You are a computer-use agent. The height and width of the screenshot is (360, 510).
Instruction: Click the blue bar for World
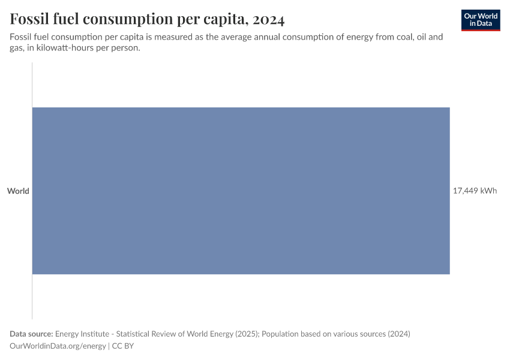241,191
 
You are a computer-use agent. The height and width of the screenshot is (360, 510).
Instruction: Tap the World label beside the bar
18,191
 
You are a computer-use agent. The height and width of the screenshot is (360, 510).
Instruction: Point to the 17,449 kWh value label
475,191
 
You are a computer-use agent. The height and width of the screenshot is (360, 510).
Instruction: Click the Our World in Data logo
481,20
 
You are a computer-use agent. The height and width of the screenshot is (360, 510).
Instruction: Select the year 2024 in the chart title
268,19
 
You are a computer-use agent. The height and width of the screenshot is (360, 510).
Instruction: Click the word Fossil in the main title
29,19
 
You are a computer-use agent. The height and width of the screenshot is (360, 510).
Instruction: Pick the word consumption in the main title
128,20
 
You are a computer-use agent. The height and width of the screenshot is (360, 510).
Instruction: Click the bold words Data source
31,334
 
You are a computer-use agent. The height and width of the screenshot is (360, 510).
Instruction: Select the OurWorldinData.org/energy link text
58,346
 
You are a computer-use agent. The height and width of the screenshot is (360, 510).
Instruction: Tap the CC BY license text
123,346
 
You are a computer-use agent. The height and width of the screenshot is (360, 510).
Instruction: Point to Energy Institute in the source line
82,334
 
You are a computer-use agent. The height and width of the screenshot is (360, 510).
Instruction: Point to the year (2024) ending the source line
399,334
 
